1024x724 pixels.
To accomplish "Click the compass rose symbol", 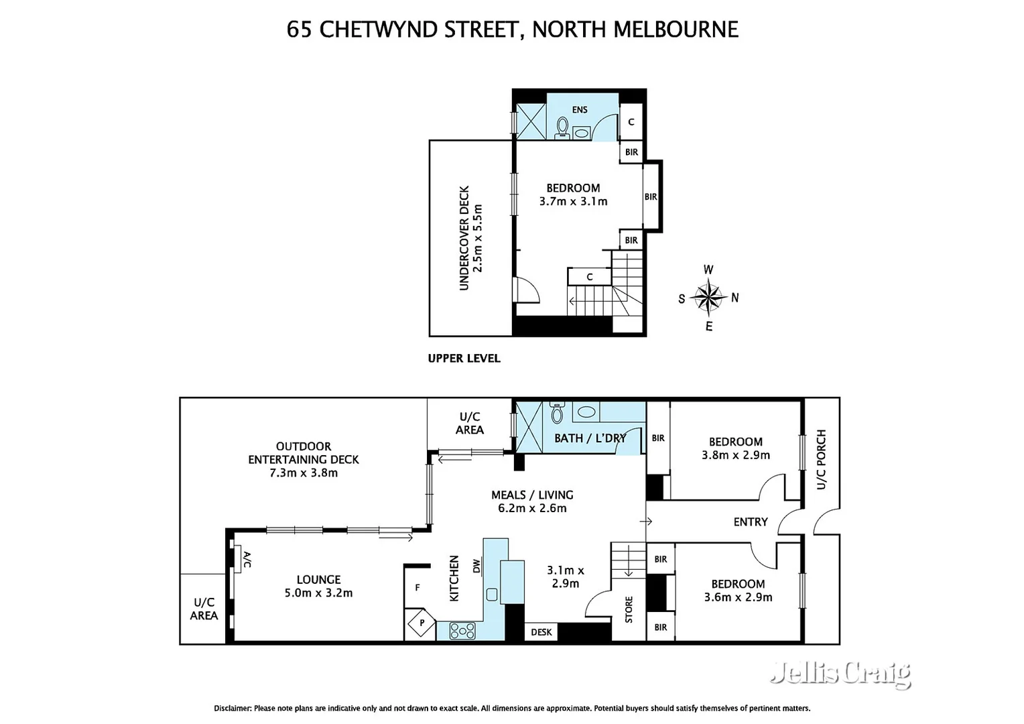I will tap(708, 298).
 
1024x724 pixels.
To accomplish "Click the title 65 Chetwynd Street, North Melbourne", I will tap(512, 29).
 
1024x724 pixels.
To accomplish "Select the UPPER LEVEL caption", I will tap(464, 359).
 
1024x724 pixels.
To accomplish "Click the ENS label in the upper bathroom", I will tap(580, 110).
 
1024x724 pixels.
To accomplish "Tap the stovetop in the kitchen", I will tap(462, 630).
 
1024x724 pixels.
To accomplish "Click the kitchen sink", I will tap(492, 594).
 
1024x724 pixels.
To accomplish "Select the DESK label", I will tap(541, 632).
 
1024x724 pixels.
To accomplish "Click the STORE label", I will tap(629, 609).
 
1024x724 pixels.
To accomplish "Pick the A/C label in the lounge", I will tap(246, 560).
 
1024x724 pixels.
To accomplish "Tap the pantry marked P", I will tap(422, 623).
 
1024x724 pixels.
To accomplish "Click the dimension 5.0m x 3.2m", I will tap(318, 593).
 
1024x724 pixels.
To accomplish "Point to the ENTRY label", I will tap(750, 522).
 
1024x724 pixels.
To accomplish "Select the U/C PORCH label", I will tap(821, 459).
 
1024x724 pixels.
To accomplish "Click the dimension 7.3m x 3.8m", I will tap(304, 473).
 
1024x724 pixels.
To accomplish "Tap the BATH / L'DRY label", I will tap(590, 438).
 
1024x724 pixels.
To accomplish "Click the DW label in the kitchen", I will tap(476, 566).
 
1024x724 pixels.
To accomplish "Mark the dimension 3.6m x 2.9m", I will tap(738, 597).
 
